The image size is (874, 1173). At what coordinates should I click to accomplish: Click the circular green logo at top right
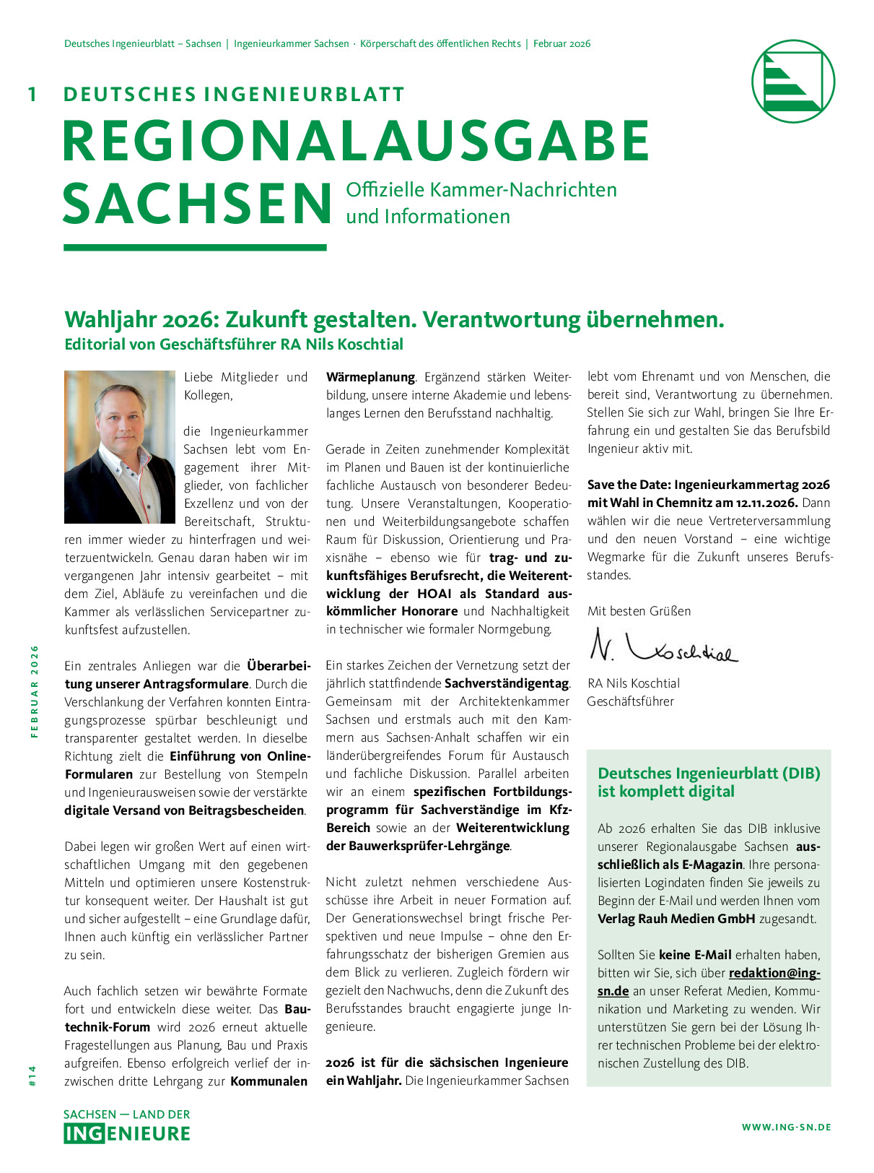pyautogui.click(x=792, y=81)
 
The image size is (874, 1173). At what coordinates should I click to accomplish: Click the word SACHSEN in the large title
pyautogui.click(x=196, y=204)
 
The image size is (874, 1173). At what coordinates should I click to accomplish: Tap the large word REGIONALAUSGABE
pyautogui.click(x=357, y=142)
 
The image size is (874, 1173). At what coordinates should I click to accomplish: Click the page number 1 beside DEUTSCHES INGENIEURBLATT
pyautogui.click(x=32, y=95)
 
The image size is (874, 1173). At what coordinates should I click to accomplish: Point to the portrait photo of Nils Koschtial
pyautogui.click(x=120, y=447)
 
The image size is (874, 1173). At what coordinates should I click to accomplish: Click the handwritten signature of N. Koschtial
pyautogui.click(x=663, y=646)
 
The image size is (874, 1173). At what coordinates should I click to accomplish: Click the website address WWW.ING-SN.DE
pyautogui.click(x=786, y=1127)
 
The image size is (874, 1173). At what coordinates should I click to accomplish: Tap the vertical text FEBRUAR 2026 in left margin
pyautogui.click(x=34, y=691)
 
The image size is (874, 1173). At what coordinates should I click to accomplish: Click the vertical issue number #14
pyautogui.click(x=32, y=1075)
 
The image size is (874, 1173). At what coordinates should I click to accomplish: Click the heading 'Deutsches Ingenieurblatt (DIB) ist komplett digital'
pyautogui.click(x=708, y=782)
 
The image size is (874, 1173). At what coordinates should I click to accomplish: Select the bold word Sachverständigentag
pyautogui.click(x=507, y=683)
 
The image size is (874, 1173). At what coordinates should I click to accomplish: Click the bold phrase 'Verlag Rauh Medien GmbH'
pyautogui.click(x=676, y=919)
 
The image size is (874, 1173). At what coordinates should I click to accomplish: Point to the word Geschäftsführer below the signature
pyautogui.click(x=630, y=701)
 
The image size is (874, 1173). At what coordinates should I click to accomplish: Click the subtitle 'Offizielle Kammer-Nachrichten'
pyautogui.click(x=481, y=190)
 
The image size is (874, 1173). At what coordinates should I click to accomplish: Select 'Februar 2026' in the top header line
pyautogui.click(x=561, y=44)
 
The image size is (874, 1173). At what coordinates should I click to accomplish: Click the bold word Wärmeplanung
pyautogui.click(x=370, y=377)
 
